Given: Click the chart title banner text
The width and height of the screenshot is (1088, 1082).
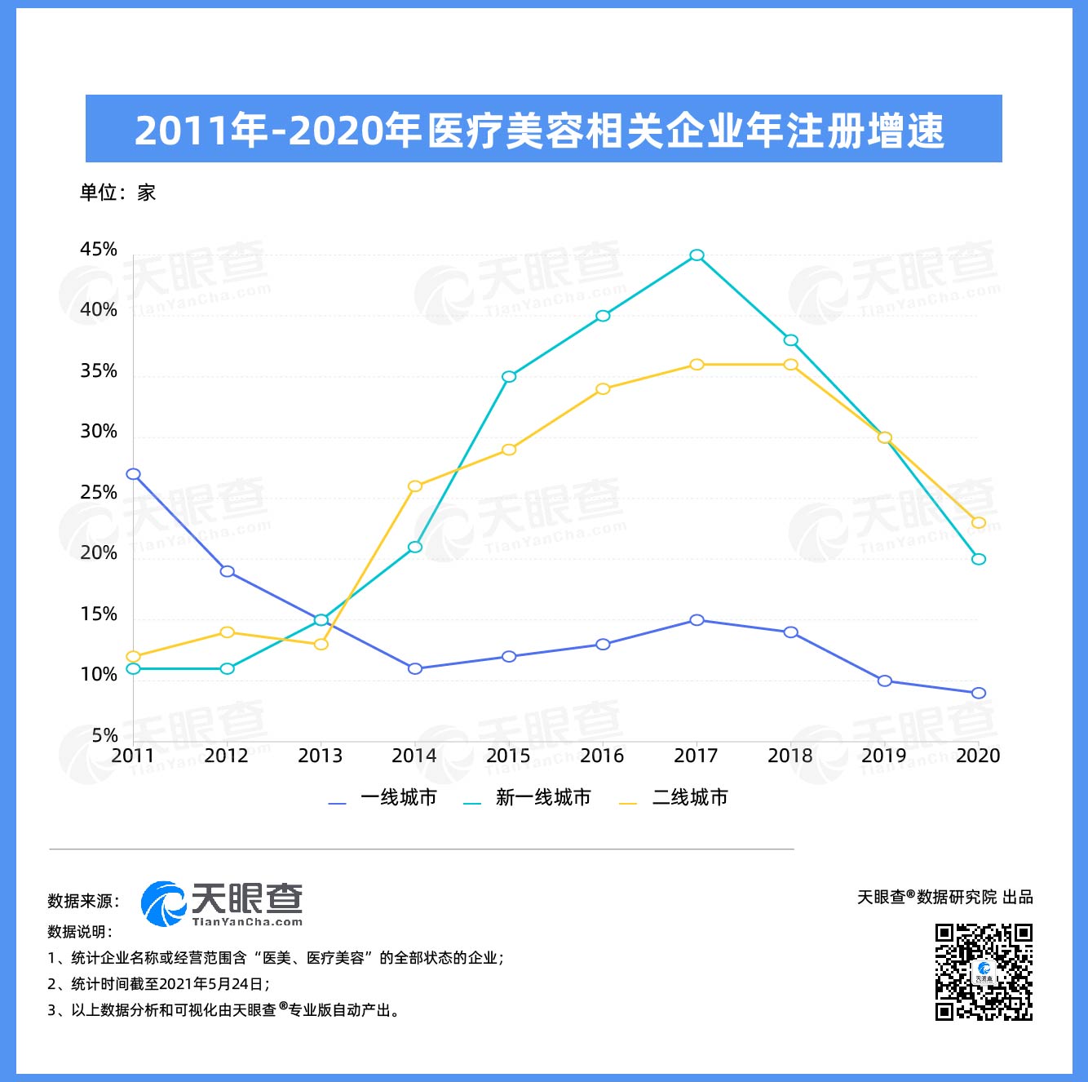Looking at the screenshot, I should (x=539, y=131).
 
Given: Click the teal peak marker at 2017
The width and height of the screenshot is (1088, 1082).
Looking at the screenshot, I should (x=697, y=255).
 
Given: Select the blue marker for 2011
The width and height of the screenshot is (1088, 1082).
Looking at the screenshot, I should (x=133, y=474).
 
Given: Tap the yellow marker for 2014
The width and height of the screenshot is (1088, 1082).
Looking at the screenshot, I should (x=415, y=486).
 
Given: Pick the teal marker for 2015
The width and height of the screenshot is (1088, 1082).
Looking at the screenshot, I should (x=509, y=377).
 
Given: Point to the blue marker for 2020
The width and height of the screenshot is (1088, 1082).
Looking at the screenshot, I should (x=979, y=693).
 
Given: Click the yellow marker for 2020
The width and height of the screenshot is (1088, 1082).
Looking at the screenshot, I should (x=979, y=522).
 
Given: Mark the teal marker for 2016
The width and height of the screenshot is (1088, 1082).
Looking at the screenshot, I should (x=603, y=316).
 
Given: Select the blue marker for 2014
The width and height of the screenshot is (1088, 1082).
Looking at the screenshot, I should (x=415, y=669).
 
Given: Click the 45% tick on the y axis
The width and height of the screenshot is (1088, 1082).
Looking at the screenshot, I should (x=99, y=250).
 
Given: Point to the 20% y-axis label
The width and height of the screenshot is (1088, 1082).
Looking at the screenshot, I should (x=99, y=553).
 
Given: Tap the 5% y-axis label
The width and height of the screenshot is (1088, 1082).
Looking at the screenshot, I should (x=104, y=735).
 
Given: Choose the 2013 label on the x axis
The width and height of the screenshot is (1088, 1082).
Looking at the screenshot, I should (x=320, y=756).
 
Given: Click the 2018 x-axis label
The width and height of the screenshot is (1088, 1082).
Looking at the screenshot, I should (x=789, y=756).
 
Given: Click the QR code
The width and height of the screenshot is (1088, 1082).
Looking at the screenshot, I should (x=984, y=972).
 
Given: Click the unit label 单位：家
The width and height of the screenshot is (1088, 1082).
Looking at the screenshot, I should (x=117, y=193).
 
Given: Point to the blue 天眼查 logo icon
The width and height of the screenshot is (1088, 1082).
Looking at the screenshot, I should (x=163, y=904).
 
